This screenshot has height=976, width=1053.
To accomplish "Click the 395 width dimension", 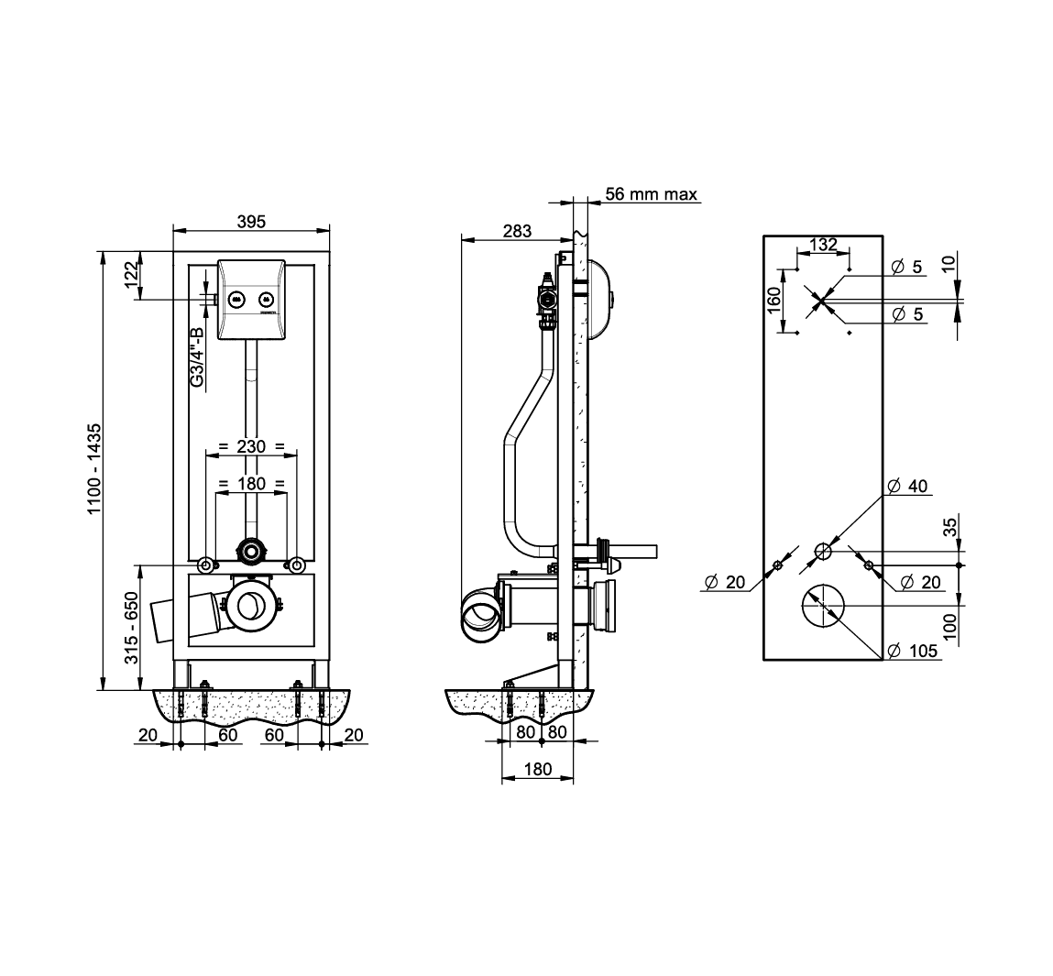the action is click(251, 221).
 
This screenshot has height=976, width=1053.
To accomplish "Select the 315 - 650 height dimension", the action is click(132, 628).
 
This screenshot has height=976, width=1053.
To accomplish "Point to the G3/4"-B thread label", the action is click(197, 356).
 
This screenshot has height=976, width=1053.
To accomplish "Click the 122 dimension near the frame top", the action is click(131, 274).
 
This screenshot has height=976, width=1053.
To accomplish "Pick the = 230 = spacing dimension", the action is click(251, 446).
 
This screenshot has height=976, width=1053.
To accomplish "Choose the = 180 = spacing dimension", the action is click(251, 484).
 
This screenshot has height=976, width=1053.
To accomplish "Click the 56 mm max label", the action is click(652, 194).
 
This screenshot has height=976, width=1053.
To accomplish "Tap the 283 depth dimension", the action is click(517, 231).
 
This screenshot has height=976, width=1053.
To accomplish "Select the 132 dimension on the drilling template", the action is click(823, 245).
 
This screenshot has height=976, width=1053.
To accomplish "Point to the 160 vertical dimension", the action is click(774, 300).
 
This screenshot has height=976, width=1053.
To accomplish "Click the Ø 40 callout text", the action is click(907, 486).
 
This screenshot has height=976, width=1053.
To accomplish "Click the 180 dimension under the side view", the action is click(538, 769).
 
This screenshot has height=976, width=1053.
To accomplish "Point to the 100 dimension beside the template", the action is click(949, 626).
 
